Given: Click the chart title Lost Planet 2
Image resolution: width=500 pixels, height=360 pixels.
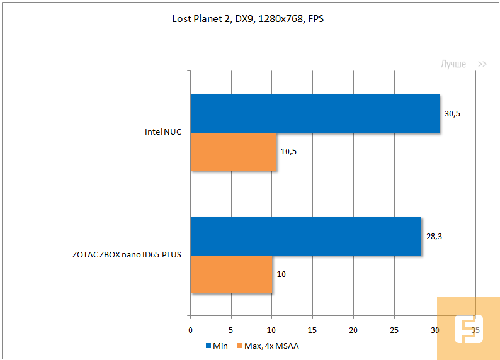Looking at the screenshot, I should tap(248, 19).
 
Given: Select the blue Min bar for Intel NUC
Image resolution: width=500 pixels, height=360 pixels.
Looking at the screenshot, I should tap(315, 113).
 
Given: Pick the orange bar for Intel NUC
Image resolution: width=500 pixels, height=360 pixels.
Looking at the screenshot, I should tap(233, 152).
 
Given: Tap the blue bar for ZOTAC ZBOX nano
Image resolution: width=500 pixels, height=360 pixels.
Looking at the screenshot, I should tap(305, 236).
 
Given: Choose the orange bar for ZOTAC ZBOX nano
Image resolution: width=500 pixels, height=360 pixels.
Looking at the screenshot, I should tap(231, 274).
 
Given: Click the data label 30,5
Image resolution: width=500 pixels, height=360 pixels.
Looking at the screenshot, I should tap(453, 114).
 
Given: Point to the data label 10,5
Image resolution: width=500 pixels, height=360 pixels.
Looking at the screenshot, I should tap(289, 152).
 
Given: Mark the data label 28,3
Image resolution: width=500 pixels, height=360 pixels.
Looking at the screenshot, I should tap(435, 237).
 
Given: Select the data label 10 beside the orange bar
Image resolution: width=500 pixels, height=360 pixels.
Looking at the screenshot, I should tap(281, 275).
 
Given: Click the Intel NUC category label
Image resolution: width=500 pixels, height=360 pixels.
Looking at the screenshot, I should tap(162, 133).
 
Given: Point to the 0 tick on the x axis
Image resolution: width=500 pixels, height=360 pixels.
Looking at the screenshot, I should tap(191, 330).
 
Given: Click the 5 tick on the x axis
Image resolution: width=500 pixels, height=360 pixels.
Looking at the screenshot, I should tap(231, 330).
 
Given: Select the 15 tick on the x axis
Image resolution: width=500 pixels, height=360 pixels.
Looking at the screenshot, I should tap(312, 330).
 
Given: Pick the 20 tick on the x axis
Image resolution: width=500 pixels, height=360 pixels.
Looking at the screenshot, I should tap(353, 330).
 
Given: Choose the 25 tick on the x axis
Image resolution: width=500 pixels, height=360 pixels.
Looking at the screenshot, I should tap(394, 330).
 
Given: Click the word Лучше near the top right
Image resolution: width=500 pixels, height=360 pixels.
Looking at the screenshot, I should tap(453, 64).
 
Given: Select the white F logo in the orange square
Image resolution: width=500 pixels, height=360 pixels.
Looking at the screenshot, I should tap(468, 330).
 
